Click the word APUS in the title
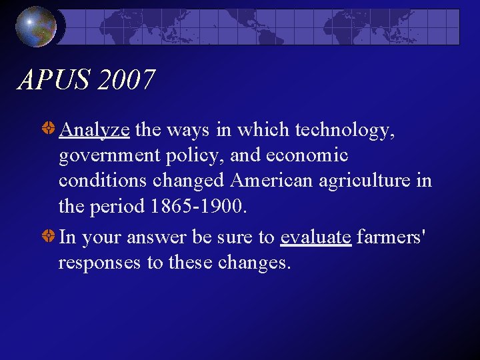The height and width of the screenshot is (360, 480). click(53, 81)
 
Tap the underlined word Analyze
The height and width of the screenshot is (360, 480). click(94, 129)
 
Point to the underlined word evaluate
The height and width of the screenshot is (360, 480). click(316, 237)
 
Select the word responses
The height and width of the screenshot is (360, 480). click(100, 263)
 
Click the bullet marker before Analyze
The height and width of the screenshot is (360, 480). click(49, 129)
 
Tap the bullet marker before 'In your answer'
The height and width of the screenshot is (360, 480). click(49, 237)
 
